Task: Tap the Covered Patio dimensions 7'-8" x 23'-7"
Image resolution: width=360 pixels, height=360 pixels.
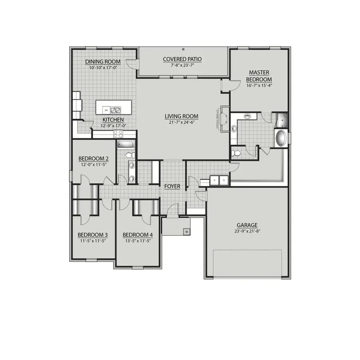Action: [x=182, y=65]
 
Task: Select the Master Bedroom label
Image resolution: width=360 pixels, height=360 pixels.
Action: [x=259, y=76]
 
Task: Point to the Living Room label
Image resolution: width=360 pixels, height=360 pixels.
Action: [x=182, y=117]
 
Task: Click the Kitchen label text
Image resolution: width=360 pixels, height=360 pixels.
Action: [x=113, y=120]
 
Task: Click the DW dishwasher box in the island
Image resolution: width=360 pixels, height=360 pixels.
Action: [x=106, y=110]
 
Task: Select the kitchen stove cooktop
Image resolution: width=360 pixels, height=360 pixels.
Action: [x=118, y=134]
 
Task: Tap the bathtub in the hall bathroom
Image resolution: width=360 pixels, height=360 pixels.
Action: [x=126, y=145]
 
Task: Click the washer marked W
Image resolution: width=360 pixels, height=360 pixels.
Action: [x=215, y=180]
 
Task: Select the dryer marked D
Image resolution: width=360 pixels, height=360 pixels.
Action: [x=224, y=180]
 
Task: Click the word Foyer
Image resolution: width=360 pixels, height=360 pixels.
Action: [x=172, y=186]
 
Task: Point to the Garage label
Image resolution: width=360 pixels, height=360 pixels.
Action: [x=247, y=225]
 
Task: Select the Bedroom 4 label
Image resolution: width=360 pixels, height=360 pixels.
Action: [x=137, y=235]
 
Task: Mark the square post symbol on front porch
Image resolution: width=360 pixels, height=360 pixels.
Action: [x=186, y=231]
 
